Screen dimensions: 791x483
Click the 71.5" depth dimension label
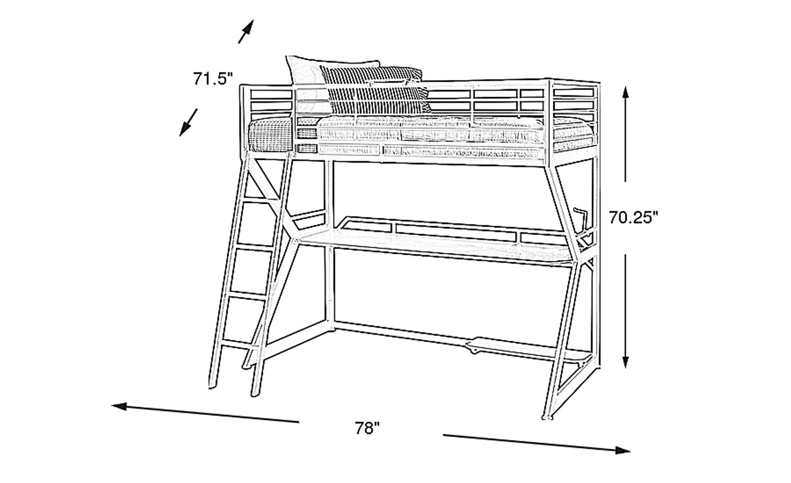tap(213, 78)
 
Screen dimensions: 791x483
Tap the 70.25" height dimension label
tap(633, 217)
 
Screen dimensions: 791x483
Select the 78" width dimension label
tap(367, 428)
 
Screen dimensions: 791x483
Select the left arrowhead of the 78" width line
tap(119, 407)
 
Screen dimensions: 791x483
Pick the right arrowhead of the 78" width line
tap(622, 450)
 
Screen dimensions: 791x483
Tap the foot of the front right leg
tap(547, 418)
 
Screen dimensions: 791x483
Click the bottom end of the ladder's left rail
tap(212, 387)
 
